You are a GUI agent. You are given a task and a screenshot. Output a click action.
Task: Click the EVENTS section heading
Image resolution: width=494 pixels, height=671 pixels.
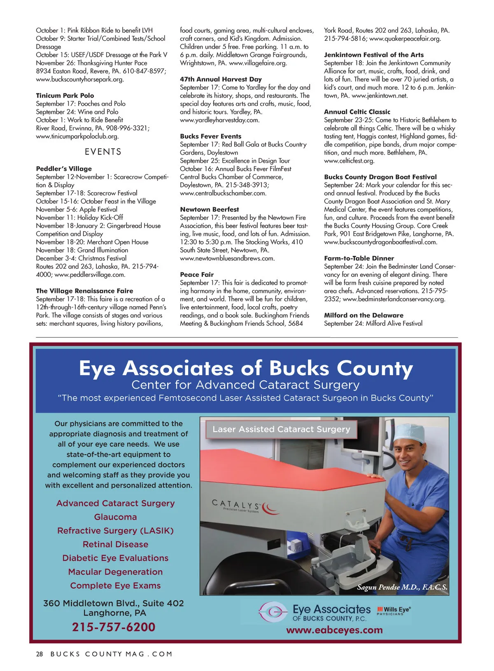pos(103,152)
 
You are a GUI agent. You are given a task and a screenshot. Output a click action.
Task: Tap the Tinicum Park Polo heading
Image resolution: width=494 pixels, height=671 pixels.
pos(65,95)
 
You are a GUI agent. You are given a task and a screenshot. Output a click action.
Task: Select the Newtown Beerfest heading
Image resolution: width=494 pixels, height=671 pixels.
pos(209,209)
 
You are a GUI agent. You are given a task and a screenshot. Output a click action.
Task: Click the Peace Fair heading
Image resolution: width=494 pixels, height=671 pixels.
pos(197,274)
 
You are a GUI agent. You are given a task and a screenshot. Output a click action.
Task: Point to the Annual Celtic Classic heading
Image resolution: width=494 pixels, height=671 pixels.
pos(357,112)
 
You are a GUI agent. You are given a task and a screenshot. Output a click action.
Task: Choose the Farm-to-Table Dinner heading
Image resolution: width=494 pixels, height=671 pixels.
pos(359,258)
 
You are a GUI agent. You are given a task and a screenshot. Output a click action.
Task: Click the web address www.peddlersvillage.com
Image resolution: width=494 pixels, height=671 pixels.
pos(90,274)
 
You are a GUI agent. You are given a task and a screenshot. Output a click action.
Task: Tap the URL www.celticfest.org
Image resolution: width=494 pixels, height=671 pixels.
pos(349,161)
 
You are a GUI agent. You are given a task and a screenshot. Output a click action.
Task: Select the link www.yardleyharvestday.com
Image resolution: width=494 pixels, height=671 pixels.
pos(219,120)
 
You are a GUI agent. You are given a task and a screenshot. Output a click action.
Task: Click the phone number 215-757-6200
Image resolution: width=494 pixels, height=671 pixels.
pos(114,627)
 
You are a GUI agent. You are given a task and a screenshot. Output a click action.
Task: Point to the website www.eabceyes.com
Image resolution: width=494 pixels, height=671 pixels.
pos(334,630)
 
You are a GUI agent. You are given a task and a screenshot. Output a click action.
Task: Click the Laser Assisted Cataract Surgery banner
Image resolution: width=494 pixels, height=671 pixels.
pos(281,429)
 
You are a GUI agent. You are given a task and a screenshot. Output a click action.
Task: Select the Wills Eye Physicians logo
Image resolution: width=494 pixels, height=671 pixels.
pos(394,611)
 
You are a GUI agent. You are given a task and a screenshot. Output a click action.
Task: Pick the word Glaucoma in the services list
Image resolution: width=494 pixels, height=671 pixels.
pos(115,517)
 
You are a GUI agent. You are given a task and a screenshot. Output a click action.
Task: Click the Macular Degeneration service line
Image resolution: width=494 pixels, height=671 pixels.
pos(115,572)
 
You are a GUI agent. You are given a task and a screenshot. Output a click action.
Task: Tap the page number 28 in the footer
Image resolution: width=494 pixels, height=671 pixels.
pos(40,654)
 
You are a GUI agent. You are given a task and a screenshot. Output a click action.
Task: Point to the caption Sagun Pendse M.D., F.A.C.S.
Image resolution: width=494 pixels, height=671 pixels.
pos(402,587)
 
